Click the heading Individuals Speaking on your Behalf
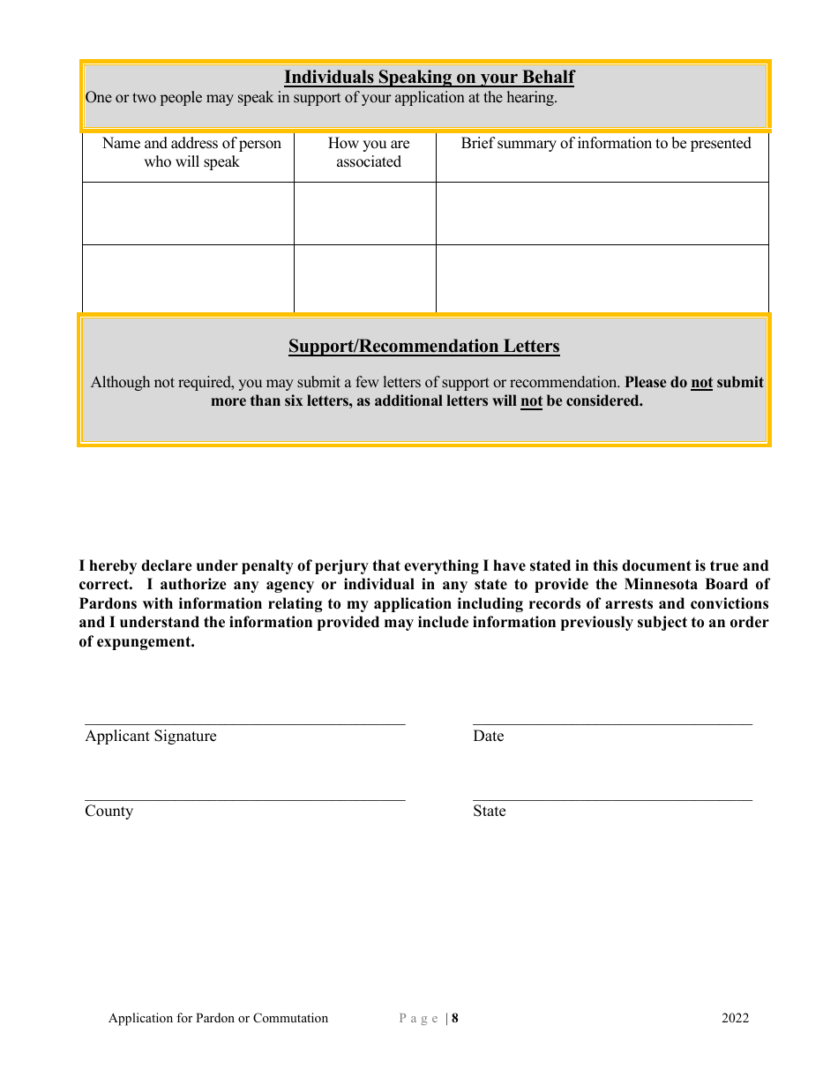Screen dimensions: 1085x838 click(x=429, y=78)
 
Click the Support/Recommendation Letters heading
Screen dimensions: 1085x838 click(x=423, y=346)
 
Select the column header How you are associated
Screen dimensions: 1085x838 click(x=369, y=153)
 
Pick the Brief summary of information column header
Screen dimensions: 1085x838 click(x=605, y=144)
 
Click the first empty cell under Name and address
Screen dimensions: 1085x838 click(x=188, y=213)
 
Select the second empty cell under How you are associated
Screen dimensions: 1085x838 click(x=364, y=278)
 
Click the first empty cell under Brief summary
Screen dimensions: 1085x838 click(x=602, y=213)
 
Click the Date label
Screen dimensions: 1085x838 click(x=488, y=737)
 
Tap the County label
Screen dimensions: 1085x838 click(x=108, y=812)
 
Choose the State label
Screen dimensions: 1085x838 click(x=489, y=812)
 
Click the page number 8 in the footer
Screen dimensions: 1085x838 click(x=455, y=1019)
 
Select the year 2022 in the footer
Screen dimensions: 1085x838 click(x=735, y=1019)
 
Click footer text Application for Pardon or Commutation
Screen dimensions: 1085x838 click(x=218, y=1019)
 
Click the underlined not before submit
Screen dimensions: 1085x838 click(x=701, y=383)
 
